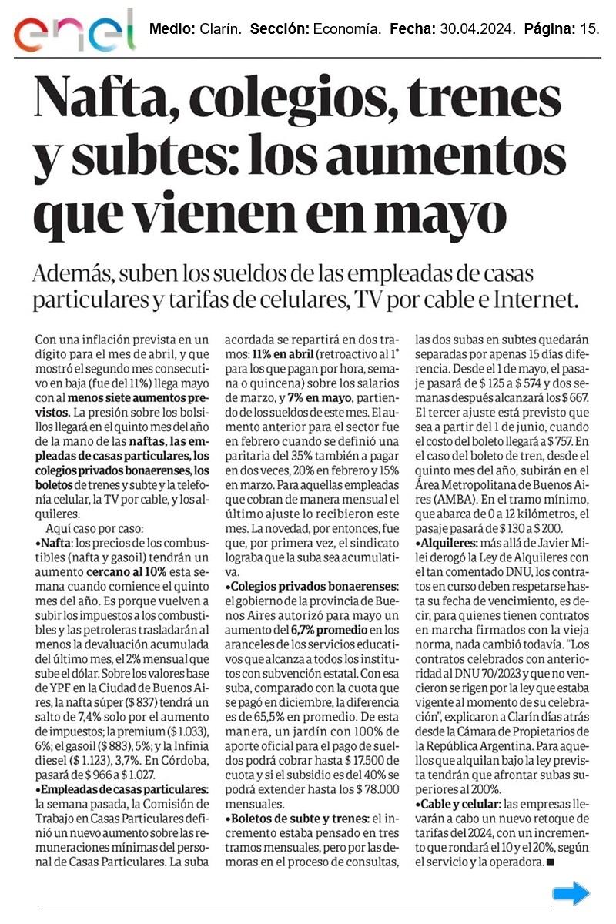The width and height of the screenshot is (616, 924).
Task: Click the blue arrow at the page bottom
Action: coord(571,893)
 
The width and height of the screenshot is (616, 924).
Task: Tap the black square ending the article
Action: coord(549,862)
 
